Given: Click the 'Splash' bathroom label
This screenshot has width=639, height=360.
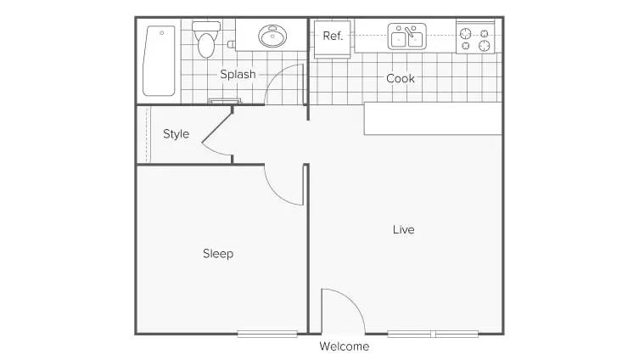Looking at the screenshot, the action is (x=238, y=74).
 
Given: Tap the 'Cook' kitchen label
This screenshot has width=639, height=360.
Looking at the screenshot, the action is (x=401, y=78).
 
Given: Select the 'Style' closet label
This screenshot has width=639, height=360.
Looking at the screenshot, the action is (x=176, y=133).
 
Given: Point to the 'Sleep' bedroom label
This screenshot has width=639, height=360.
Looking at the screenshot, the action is (x=218, y=254).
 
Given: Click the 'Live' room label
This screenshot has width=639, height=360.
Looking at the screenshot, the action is (x=403, y=229).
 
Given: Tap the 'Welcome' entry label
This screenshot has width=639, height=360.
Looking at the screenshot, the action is (x=345, y=346).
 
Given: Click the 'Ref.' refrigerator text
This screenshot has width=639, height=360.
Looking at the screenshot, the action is (x=333, y=36).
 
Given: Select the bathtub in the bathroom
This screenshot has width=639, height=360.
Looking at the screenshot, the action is (x=159, y=61).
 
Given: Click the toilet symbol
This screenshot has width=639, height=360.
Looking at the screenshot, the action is (x=206, y=40).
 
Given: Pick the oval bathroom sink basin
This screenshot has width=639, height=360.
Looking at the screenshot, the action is (x=272, y=36).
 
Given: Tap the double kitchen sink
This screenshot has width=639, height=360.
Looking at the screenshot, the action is (x=406, y=37).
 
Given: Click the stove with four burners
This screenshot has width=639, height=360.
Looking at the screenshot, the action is (x=475, y=37).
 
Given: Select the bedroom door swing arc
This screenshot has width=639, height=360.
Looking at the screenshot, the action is (x=278, y=194).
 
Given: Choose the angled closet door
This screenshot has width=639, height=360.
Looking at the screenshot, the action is (x=216, y=128).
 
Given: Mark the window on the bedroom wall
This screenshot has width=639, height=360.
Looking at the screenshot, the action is (x=267, y=335).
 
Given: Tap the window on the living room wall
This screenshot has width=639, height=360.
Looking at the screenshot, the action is (x=433, y=335).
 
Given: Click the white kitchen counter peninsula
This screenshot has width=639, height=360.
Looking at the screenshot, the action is (x=433, y=118).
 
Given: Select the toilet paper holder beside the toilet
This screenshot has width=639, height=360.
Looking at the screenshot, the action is (x=231, y=44).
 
